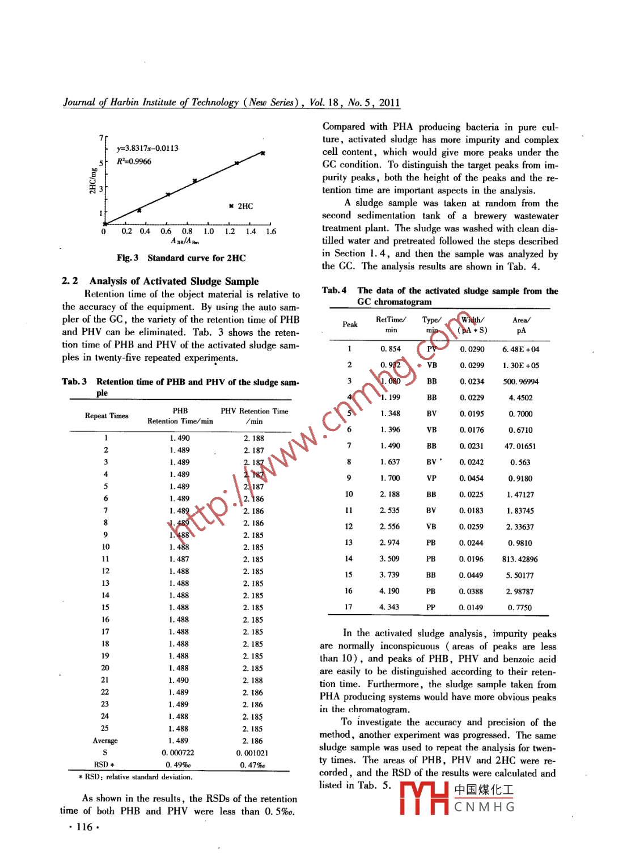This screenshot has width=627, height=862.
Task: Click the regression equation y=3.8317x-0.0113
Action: pyautogui.click(x=147, y=149)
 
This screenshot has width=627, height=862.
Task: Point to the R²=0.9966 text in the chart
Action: pyautogui.click(x=134, y=162)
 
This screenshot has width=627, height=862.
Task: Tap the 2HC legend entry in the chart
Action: pyautogui.click(x=241, y=206)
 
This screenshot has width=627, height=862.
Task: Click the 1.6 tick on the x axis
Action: pyautogui.click(x=271, y=231)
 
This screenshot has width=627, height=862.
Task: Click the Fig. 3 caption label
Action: pyautogui.click(x=128, y=258)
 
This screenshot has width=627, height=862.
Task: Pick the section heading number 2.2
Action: pyautogui.click(x=70, y=281)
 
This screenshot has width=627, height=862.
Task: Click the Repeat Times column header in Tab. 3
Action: pyautogui.click(x=107, y=416)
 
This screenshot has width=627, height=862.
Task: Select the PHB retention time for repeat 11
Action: pyautogui.click(x=179, y=559)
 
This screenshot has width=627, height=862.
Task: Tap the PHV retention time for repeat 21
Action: pyautogui.click(x=253, y=680)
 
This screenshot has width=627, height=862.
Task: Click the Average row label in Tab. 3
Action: pyautogui.click(x=105, y=741)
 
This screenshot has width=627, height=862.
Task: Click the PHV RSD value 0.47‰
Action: pyautogui.click(x=252, y=765)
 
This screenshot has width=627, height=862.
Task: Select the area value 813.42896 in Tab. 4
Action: pyautogui.click(x=520, y=559)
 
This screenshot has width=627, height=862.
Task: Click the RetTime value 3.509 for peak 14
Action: pyautogui.click(x=389, y=559)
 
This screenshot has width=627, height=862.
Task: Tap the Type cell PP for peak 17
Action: pyautogui.click(x=431, y=607)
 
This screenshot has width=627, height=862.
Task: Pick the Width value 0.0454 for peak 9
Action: pyautogui.click(x=472, y=478)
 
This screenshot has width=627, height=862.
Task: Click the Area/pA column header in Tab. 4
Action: pyautogui.click(x=521, y=325)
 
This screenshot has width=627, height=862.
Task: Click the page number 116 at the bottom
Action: pyautogui.click(x=83, y=827)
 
